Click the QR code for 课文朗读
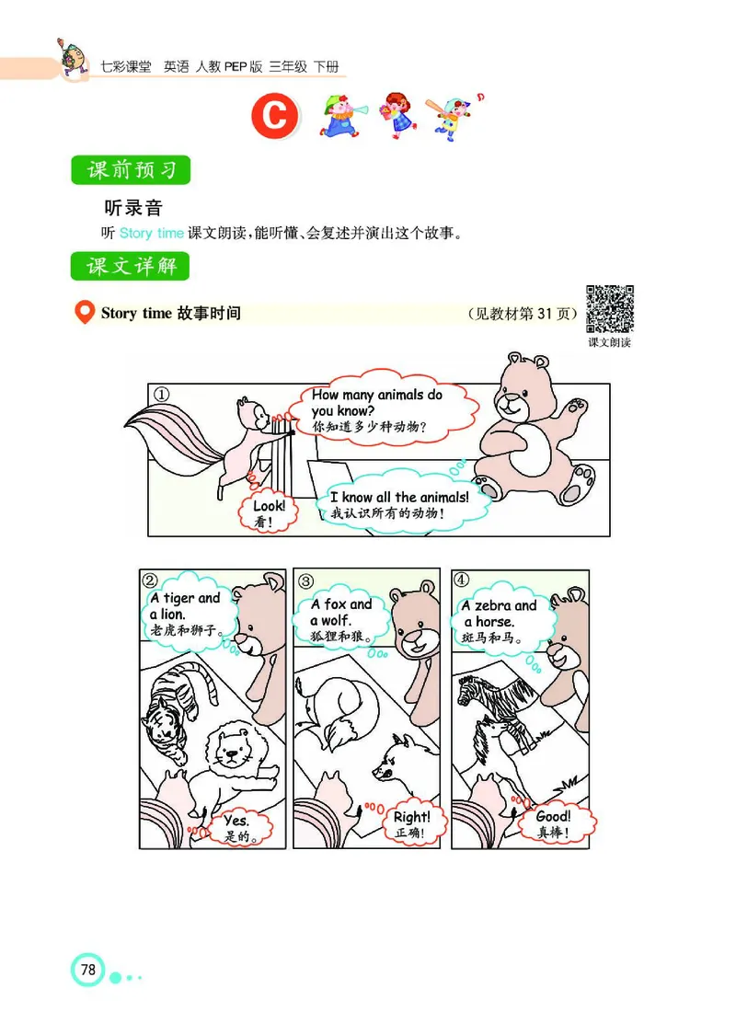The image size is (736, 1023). coord(610,309)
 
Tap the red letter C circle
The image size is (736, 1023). coord(276,118)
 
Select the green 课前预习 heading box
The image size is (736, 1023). coord(131,171)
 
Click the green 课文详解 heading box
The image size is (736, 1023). coord(131,267)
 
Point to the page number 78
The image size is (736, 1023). coord(88,970)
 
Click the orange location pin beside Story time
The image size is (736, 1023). coord(84,313)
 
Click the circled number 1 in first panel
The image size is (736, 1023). coord(162,394)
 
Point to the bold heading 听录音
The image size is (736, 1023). coord(134,208)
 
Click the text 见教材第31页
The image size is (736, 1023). coord(523,313)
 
